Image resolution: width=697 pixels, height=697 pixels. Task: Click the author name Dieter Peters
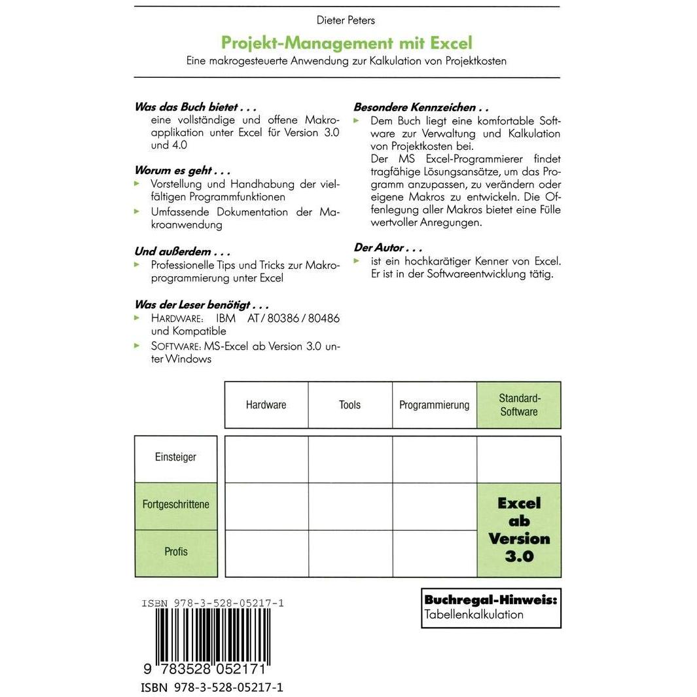(x=346, y=20)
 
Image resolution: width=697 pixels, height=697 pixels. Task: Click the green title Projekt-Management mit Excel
(x=346, y=43)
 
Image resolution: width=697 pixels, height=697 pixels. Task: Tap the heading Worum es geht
(x=183, y=171)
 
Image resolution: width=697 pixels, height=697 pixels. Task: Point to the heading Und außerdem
(x=183, y=251)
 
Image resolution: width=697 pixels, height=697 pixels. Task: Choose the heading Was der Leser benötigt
(x=202, y=304)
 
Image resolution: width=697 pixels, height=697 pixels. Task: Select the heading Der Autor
(x=387, y=248)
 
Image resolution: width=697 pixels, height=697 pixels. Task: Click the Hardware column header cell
(x=266, y=405)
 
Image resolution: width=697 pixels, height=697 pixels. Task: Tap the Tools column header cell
(x=349, y=405)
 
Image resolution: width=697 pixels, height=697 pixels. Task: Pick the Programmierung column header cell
(x=434, y=405)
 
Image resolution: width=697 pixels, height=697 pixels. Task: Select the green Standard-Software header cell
(x=518, y=405)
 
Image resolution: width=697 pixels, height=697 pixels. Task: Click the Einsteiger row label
(x=175, y=457)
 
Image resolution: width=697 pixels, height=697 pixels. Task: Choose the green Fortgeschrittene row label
(x=175, y=505)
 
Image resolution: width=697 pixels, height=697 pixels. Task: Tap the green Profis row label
(x=175, y=552)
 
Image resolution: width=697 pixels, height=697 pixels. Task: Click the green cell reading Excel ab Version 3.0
(x=518, y=529)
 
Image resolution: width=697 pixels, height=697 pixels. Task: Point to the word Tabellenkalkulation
(x=474, y=615)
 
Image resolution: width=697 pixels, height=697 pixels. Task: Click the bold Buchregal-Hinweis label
(x=490, y=599)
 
